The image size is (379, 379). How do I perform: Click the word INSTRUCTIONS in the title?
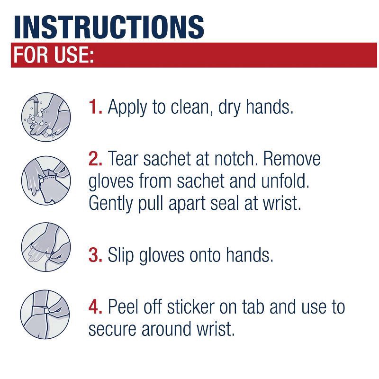tap(109, 27)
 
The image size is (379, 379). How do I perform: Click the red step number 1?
tap(95, 107)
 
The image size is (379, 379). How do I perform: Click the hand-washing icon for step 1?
tap(46, 117)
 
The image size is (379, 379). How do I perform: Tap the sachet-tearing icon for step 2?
tap(46, 180)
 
